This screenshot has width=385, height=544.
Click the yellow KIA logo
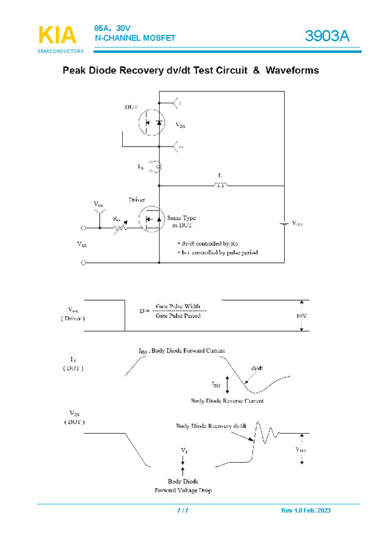point(57,35)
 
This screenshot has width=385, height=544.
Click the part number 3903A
point(327,37)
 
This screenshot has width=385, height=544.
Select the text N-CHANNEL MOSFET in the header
point(135,38)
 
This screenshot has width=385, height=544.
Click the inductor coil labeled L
point(220,186)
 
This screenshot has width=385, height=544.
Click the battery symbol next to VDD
point(284,224)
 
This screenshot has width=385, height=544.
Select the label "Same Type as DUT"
point(181,222)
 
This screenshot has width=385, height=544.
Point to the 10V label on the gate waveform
point(301,316)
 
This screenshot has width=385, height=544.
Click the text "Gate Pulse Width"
point(178,306)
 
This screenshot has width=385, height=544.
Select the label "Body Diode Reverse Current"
point(227,401)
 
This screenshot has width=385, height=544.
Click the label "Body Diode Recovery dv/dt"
point(211,426)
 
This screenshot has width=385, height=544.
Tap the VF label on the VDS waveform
point(183,451)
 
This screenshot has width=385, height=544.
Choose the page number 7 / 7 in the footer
point(183,511)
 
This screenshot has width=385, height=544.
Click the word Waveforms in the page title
point(292,71)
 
